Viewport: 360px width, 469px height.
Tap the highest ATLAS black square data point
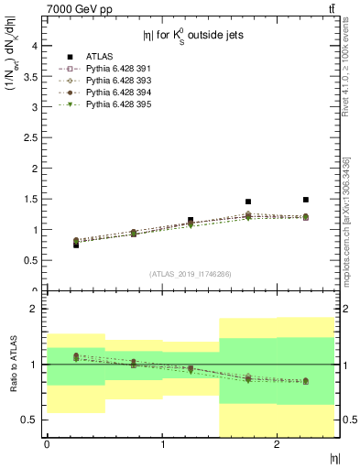pyautogui.click(x=306, y=200)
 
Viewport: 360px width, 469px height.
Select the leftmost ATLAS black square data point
pyautogui.click(x=76, y=245)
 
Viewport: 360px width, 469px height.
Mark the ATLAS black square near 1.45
pyautogui.click(x=248, y=202)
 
